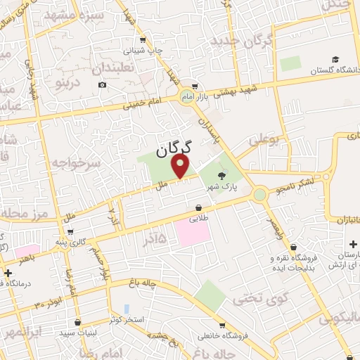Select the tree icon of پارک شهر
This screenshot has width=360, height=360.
point(223,176)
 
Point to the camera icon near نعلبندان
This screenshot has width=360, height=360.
point(103,85)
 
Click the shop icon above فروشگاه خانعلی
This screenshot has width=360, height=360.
point(222,326)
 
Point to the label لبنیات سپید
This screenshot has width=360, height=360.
point(78,332)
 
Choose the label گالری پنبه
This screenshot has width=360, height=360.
point(91,242)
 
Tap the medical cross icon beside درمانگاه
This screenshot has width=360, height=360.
point(8,273)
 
